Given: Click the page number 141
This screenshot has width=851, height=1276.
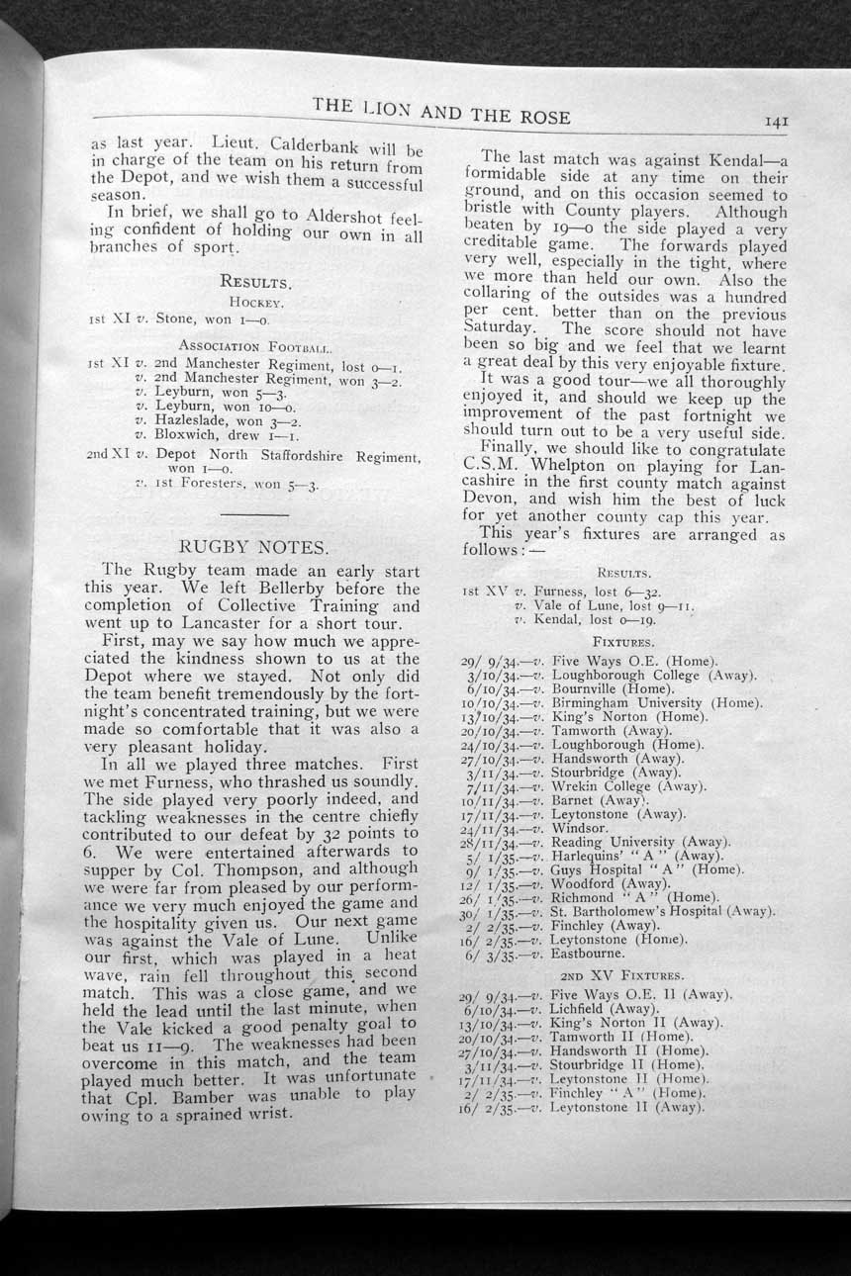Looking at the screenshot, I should tap(775, 122).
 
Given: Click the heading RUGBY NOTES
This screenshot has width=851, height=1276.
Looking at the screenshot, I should tap(253, 546).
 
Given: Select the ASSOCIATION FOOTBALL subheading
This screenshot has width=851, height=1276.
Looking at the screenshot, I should tap(255, 346).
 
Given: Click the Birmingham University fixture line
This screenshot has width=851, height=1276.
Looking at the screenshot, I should tap(655, 702).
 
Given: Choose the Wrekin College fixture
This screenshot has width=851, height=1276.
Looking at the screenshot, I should tap(627, 786).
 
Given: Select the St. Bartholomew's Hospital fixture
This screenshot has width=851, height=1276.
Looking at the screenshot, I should tap(661, 911).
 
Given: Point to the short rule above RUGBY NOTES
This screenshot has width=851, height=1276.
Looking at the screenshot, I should tap(254, 515).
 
